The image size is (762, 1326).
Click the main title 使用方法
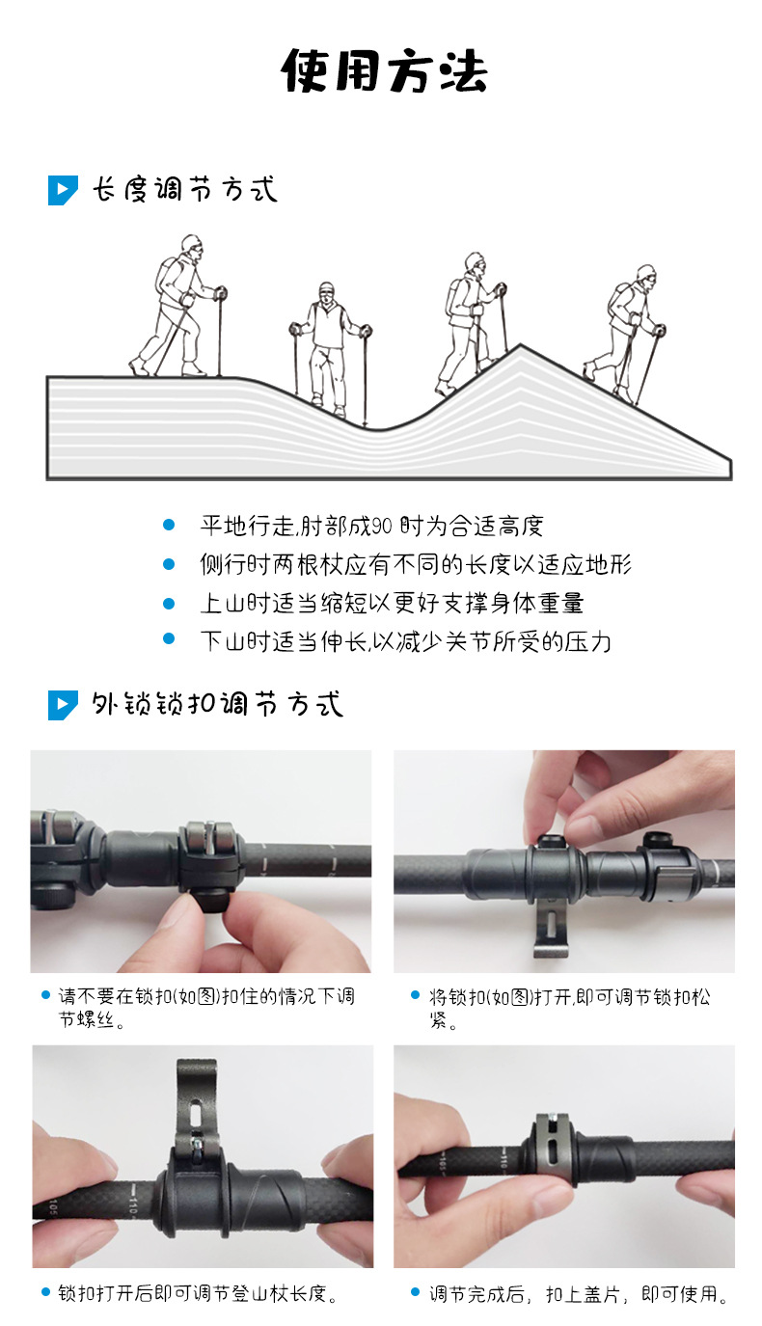384,71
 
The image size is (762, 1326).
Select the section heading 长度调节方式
184,189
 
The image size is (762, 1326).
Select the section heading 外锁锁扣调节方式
217,705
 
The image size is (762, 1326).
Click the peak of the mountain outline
521,346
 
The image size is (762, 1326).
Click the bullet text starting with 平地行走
371,526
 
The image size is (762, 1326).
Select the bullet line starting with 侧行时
415,564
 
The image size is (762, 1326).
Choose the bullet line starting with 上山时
391,604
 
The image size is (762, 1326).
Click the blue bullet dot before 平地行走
169,526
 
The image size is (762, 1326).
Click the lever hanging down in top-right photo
549,931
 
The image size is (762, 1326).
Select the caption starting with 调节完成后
577,1294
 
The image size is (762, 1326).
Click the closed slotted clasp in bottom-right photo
549,1148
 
